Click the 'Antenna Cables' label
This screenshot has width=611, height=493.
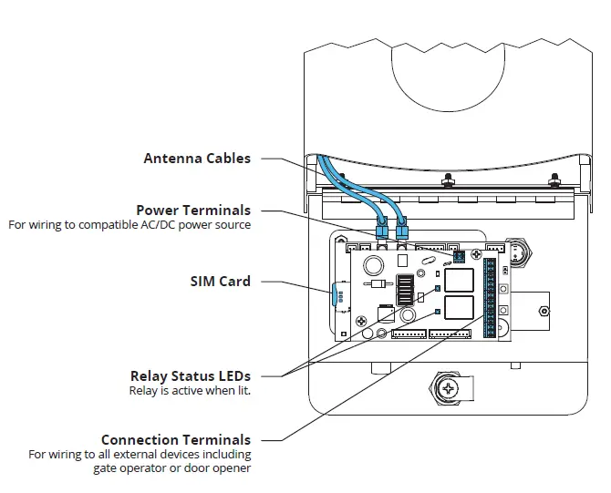point(196,159)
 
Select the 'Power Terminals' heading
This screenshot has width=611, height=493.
point(192,211)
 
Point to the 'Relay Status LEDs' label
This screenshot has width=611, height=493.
point(190,375)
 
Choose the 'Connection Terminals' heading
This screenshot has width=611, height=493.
point(175,440)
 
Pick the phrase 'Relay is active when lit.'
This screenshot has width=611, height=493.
point(190,390)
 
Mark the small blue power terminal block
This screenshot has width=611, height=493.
point(459,257)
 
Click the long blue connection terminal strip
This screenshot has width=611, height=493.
point(491,297)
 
